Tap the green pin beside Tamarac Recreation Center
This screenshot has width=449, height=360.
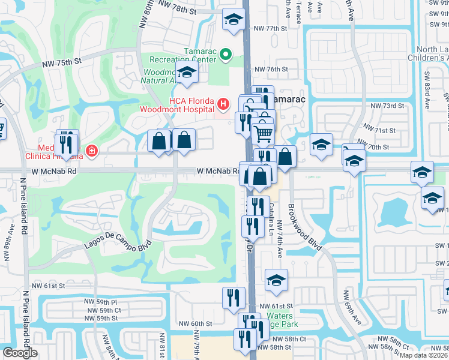(226, 55)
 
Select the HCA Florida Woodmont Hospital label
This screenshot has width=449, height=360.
(176, 104)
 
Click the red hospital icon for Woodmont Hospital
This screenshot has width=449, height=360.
(223, 104)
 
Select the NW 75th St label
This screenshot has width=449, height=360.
(61, 62)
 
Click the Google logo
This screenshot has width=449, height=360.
(20, 353)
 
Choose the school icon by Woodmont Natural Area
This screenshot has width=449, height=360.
(187, 73)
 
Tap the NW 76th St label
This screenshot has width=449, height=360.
(271, 70)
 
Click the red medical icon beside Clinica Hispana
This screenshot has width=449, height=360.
(91, 150)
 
